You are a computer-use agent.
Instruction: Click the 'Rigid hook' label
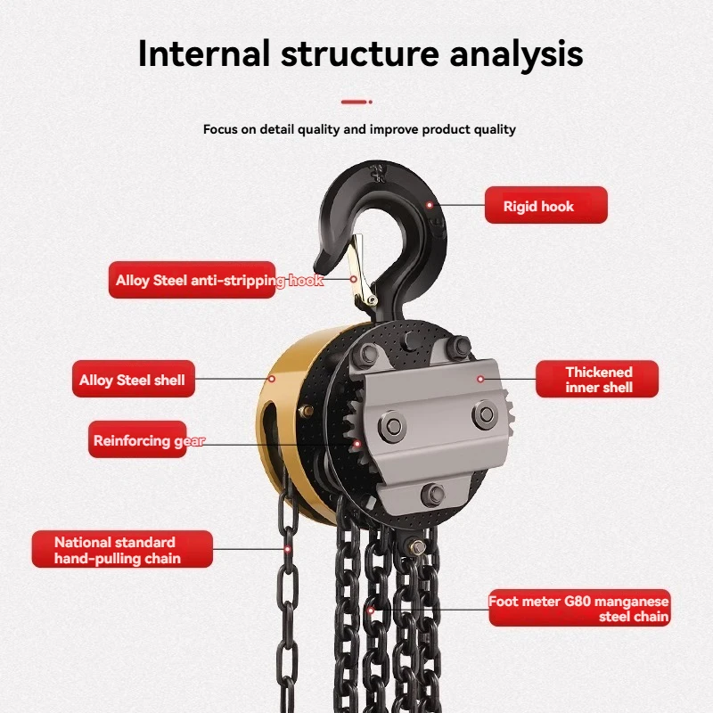click(545, 206)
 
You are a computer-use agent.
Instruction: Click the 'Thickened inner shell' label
click(597, 379)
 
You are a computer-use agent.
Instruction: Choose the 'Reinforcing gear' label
click(138, 440)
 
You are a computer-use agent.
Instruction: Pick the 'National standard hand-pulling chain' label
click(122, 550)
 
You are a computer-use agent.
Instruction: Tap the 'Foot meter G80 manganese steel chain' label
click(579, 609)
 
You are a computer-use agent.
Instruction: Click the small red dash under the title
click(356, 102)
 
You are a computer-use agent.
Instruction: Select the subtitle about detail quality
click(359, 129)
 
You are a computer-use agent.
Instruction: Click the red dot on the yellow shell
click(273, 379)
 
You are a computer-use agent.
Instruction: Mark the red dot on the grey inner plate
click(480, 379)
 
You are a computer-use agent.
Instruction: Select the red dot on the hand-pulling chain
click(288, 550)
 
